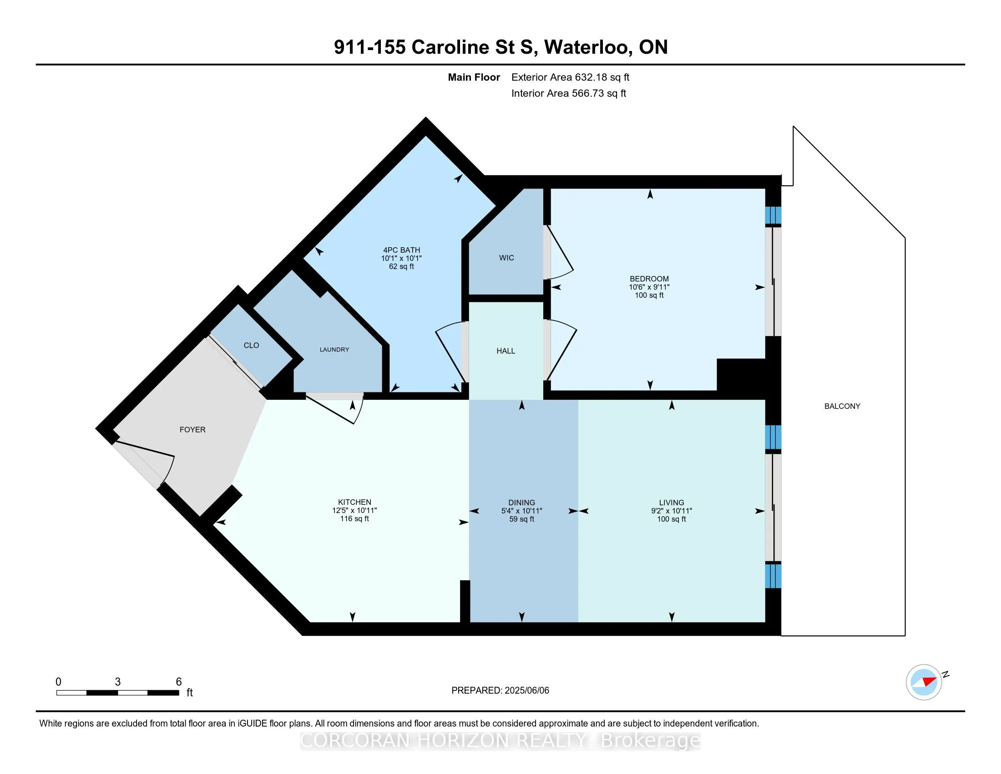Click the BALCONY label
[842, 406]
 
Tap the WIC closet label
[506, 258]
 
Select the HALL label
[506, 351]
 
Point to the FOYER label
[192, 430]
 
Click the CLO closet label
[251, 345]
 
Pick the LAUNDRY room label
[334, 349]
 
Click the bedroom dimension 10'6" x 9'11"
[649, 287]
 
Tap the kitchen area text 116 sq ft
[354, 519]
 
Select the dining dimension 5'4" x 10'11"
[521, 511]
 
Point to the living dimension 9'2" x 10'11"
[672, 511]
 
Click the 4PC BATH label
[401, 250]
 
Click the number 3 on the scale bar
[118, 682]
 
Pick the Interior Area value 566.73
[587, 93]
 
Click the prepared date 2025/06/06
[526, 691]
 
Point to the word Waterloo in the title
[586, 47]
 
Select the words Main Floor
[474, 77]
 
